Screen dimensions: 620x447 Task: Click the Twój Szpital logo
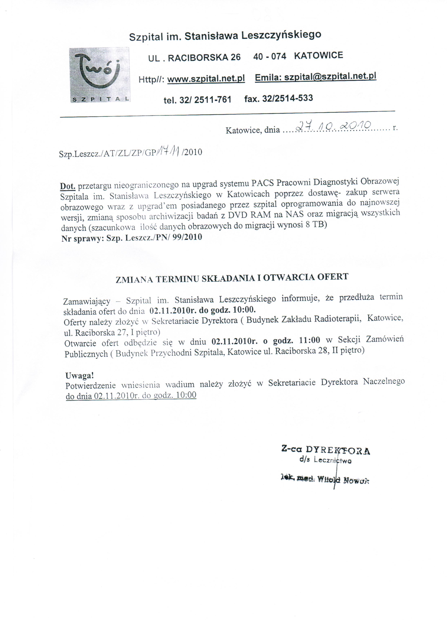[100, 75]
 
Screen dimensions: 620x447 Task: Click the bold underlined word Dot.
[67, 187]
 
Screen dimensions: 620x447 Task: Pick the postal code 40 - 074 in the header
[269, 56]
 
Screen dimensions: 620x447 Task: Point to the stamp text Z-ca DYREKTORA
[326, 450]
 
